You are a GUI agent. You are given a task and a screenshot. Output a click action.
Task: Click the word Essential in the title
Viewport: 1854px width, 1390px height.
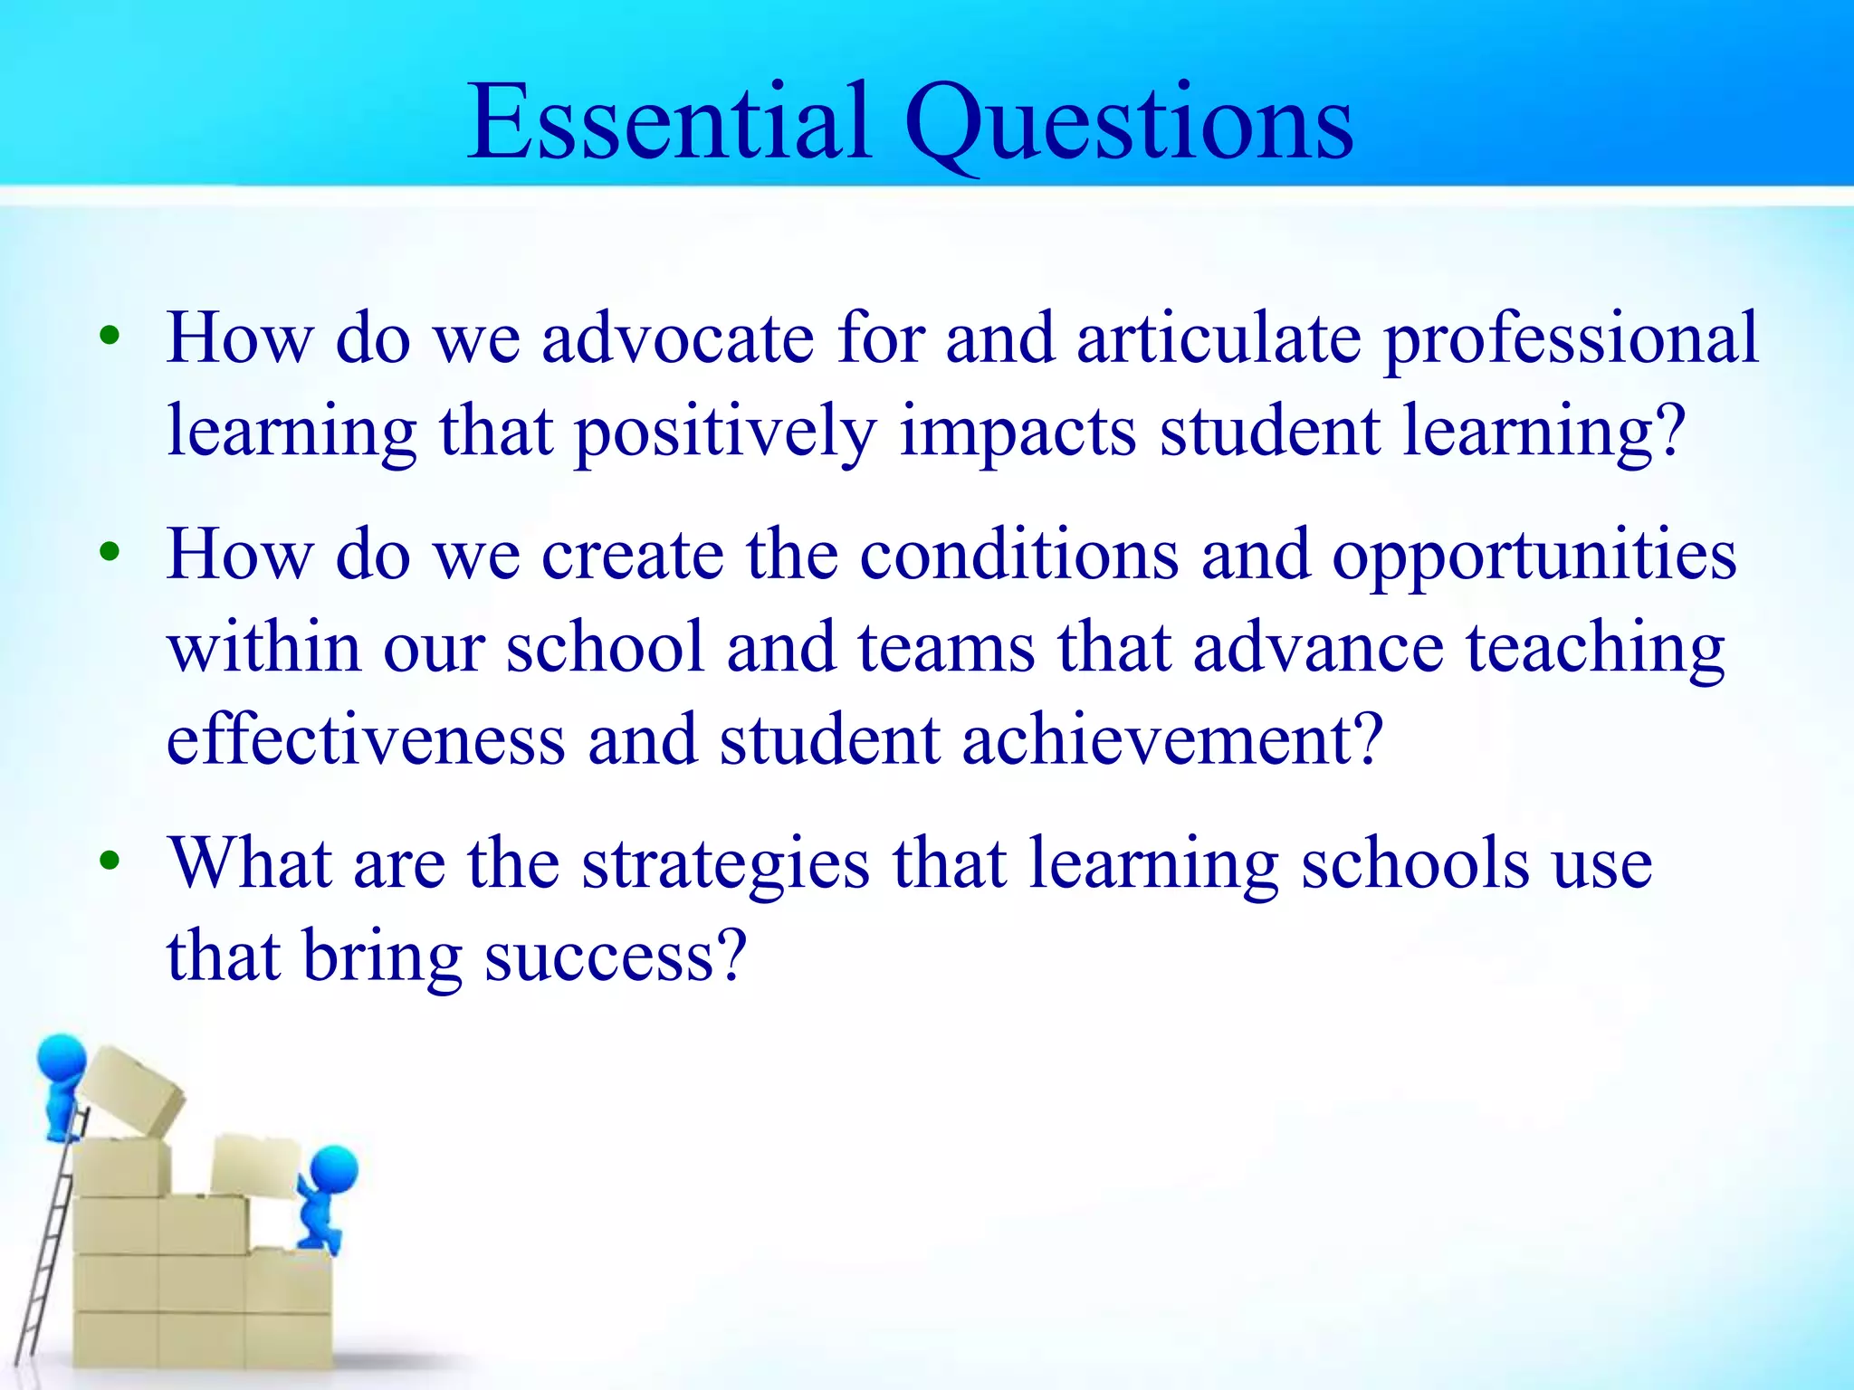pyautogui.click(x=669, y=122)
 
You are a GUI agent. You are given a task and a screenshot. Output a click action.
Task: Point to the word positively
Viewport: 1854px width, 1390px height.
pyautogui.click(x=725, y=433)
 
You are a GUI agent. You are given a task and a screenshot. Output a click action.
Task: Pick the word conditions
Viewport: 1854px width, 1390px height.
pyautogui.click(x=1019, y=554)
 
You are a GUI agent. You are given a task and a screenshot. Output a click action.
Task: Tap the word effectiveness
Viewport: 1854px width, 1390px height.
pyautogui.click(x=366, y=740)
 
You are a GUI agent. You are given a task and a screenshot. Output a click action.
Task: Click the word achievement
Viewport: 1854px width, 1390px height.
pyautogui.click(x=1171, y=740)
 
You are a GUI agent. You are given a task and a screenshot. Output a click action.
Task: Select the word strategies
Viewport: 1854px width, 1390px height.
pyautogui.click(x=725, y=865)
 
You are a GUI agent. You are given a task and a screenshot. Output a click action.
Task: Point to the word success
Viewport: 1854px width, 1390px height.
pyautogui.click(x=616, y=957)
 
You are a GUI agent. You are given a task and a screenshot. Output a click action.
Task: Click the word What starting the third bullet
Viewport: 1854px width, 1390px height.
pyautogui.click(x=251, y=863)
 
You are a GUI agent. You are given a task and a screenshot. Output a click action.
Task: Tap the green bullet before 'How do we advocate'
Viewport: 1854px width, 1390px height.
pyautogui.click(x=110, y=336)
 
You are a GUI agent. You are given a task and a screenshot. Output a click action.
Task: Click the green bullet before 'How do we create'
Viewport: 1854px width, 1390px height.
pyautogui.click(x=110, y=551)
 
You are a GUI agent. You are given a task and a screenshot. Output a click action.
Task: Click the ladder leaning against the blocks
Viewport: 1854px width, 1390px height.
pyautogui.click(x=45, y=1267)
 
